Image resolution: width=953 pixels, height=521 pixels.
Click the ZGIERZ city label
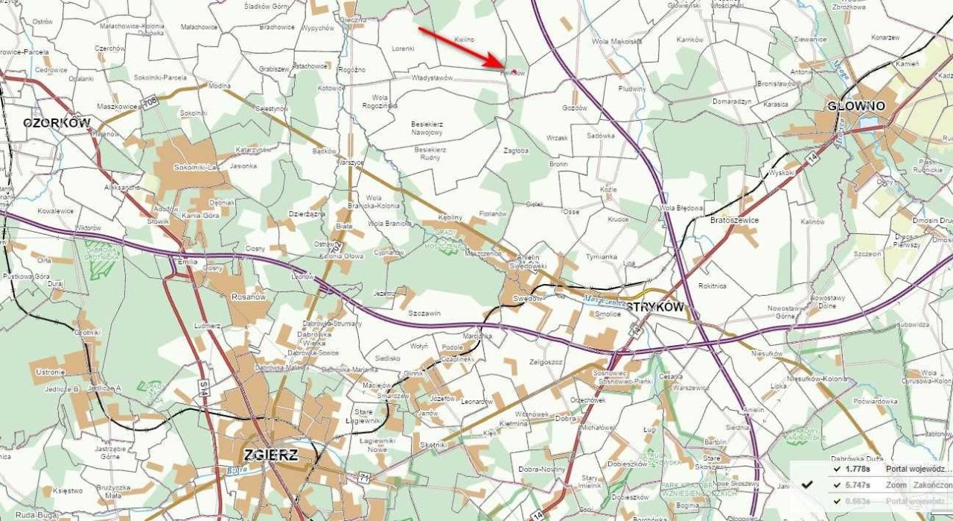coord(271,455)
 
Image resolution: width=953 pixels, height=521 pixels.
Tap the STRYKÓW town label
coord(654,306)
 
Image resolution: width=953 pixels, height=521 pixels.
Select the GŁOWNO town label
coord(856,107)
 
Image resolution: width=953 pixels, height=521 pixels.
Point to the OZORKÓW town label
coord(57,123)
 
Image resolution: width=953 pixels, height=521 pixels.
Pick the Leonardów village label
coord(476,402)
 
